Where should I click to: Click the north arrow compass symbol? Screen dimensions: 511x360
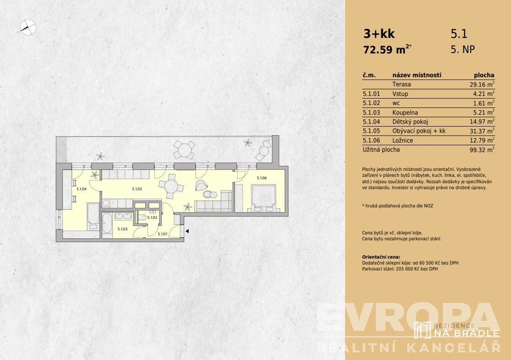(x=28, y=27)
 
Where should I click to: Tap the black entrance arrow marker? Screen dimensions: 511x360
(x=187, y=231)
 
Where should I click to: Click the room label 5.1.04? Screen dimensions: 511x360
(x=81, y=189)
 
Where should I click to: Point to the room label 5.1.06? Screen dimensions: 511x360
(x=262, y=178)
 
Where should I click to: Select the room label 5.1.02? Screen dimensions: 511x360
(x=152, y=217)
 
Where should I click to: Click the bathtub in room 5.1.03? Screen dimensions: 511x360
(x=107, y=223)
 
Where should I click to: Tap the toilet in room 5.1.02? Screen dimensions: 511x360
(x=141, y=217)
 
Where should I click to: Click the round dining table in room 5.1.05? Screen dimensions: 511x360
(x=171, y=187)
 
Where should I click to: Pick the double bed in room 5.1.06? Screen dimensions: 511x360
(x=264, y=198)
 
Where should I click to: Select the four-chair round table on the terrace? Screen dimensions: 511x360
(x=184, y=149)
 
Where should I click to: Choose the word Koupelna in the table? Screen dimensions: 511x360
(x=405, y=113)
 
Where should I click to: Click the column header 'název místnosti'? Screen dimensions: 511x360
(x=417, y=75)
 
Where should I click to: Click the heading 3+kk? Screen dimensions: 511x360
(x=379, y=33)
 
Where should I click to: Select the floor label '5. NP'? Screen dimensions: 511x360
(x=463, y=49)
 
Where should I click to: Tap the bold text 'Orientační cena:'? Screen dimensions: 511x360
(x=381, y=257)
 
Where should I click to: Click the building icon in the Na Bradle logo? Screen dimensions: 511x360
(x=422, y=330)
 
